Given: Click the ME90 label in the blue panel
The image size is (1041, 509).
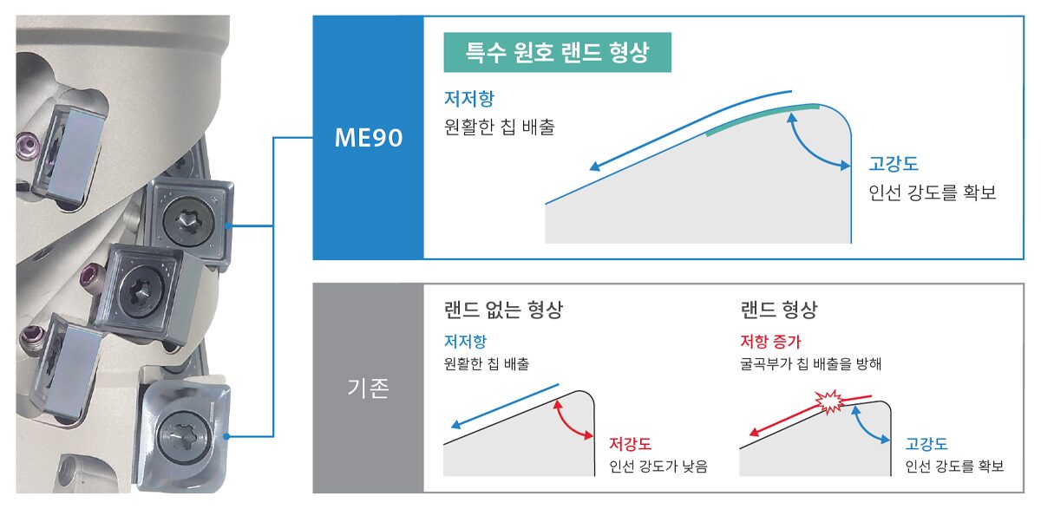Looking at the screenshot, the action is coord(369,138).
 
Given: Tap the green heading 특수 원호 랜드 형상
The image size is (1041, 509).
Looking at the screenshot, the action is coord(557,52).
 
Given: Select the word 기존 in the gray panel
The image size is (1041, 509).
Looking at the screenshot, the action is coord(368,388).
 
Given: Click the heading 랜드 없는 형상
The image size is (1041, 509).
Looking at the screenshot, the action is coord(503,310).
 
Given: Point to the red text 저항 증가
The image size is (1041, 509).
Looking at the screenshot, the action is coord(770,342).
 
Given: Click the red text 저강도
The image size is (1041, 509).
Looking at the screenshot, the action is coord(630,443).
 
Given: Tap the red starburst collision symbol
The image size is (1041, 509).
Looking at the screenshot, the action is coord(829,401).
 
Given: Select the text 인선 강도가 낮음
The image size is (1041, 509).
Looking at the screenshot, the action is coord(658,466).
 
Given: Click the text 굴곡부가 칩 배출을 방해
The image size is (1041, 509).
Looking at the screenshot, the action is coord(810,363).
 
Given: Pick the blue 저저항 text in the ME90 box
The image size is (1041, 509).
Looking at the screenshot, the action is coord(469,99).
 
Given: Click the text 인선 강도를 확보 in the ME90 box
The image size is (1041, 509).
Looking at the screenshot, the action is coord(933,193).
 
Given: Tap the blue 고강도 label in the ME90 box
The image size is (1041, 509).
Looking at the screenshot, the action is coord(894,164).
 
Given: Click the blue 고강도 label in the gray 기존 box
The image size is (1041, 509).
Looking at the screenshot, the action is coord(926,444).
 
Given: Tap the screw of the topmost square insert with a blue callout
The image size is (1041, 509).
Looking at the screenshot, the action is coord(188,222).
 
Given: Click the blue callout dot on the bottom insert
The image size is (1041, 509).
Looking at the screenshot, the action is coord(226,436).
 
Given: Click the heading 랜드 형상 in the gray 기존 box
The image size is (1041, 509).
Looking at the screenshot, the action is coord(778,310).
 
